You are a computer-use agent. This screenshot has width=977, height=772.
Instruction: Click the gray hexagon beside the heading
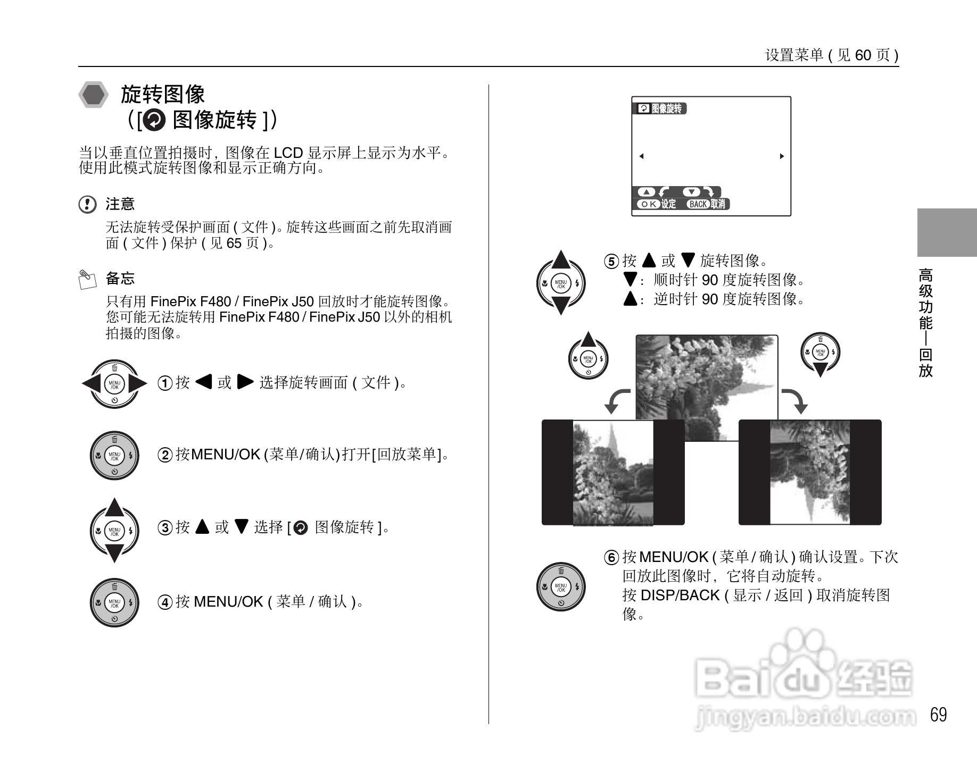[x=94, y=95]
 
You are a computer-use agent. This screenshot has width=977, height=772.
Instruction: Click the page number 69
[x=938, y=715]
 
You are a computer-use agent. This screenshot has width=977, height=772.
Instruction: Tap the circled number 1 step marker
[x=165, y=383]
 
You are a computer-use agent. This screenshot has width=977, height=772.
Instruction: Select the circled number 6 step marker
[x=611, y=558]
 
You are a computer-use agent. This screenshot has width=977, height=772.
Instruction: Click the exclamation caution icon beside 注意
[x=87, y=204]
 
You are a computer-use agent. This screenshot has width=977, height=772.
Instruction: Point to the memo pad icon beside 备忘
[x=87, y=279]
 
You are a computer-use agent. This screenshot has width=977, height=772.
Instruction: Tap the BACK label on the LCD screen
[x=698, y=204]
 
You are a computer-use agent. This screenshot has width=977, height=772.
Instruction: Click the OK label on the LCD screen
[x=648, y=204]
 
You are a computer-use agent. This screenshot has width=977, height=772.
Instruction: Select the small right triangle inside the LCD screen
[x=782, y=156]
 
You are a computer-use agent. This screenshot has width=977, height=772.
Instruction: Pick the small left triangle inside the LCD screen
[x=641, y=156]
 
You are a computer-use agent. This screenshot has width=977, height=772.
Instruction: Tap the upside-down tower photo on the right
[x=809, y=472]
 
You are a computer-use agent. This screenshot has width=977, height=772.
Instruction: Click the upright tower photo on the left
[x=612, y=472]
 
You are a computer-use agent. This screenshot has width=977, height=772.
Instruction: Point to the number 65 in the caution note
[x=234, y=244]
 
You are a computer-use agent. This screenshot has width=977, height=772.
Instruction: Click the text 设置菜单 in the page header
[x=794, y=55]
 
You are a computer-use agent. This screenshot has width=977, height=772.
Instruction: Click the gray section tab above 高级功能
[x=947, y=233]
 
